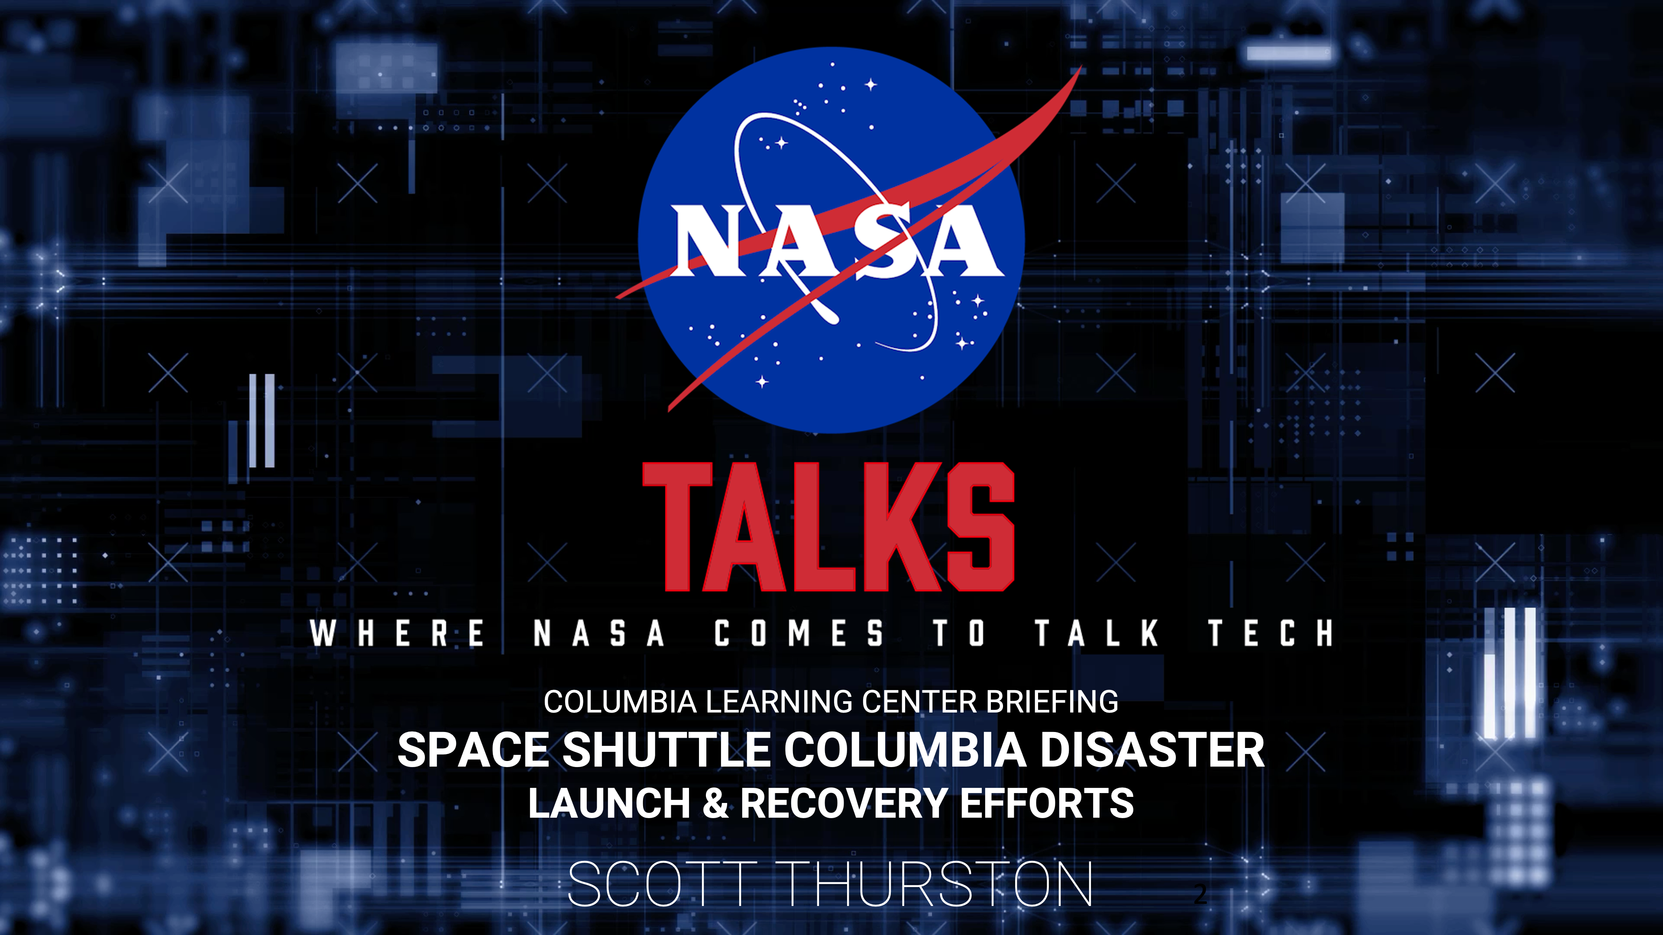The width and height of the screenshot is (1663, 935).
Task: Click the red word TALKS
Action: point(829,527)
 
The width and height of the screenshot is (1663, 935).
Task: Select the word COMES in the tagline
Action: point(799,632)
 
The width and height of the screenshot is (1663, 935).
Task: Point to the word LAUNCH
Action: point(609,803)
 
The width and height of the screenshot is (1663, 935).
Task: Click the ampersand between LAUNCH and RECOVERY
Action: point(715,803)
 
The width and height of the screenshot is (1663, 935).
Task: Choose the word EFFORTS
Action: point(1046,803)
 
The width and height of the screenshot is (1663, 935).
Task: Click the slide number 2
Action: point(1200,894)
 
